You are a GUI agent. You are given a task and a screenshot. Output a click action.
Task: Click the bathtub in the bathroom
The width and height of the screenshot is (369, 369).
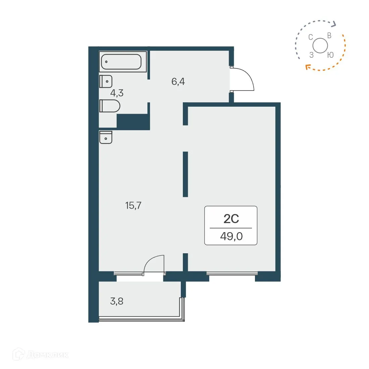coord(121,62)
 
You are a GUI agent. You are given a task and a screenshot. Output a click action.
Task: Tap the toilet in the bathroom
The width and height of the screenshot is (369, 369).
coord(110,106)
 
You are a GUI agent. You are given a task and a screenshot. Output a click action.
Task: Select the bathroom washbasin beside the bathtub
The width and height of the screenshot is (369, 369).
coord(106,82)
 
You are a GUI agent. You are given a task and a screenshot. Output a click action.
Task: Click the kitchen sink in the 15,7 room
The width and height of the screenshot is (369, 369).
coord(106,137)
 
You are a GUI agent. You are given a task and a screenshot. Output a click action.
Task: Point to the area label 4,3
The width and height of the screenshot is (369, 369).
coord(117,93)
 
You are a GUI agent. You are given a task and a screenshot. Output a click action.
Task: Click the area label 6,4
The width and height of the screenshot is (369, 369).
coord(178,82)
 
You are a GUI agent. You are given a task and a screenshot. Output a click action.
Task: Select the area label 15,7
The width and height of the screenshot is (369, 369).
coord(133,205)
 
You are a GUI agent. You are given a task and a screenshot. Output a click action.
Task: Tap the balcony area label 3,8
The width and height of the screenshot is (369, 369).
coord(117,301)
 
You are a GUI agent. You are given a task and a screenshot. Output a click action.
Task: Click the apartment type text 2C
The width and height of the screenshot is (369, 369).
coord(231,219)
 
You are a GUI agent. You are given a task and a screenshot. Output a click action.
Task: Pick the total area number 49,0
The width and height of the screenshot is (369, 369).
coord(231,236)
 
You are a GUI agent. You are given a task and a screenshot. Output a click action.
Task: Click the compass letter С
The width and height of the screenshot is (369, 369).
coord(311,37)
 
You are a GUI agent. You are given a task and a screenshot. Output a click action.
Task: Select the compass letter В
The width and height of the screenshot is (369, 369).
coord(329,36)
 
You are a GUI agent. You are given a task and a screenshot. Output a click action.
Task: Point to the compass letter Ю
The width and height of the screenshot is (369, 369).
coord(330,55)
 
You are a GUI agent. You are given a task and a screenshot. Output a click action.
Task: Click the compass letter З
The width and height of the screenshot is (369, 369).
coord(311,55)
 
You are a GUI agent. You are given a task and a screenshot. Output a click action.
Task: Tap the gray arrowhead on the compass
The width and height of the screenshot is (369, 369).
coord(333,23)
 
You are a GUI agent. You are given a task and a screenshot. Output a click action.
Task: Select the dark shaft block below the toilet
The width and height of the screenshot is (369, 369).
coord(133,121)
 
